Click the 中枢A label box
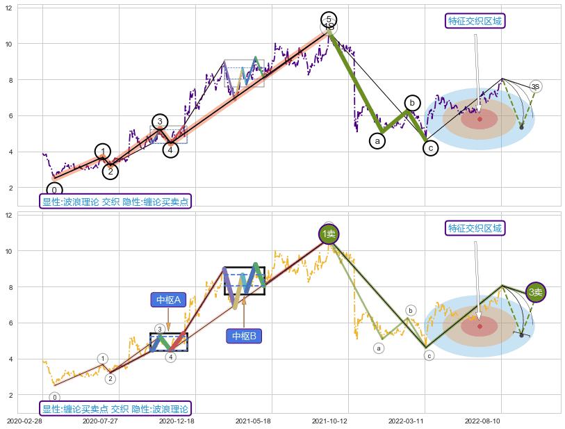(x=168, y=300)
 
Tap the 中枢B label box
(x=244, y=336)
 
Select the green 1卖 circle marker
(x=329, y=234)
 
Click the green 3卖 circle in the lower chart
(x=535, y=293)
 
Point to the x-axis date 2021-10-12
(x=329, y=421)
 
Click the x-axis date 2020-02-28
(x=24, y=421)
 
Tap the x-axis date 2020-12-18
(x=177, y=421)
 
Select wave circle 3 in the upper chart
(x=159, y=122)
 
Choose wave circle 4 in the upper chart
(x=171, y=149)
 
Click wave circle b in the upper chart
(x=412, y=103)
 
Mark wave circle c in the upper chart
(x=430, y=148)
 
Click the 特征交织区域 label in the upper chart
(x=475, y=21)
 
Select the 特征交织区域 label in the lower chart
(x=475, y=228)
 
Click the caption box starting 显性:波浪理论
(x=115, y=202)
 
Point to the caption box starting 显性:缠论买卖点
(x=115, y=409)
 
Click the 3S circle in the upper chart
(x=535, y=86)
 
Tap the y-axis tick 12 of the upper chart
(x=9, y=8)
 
